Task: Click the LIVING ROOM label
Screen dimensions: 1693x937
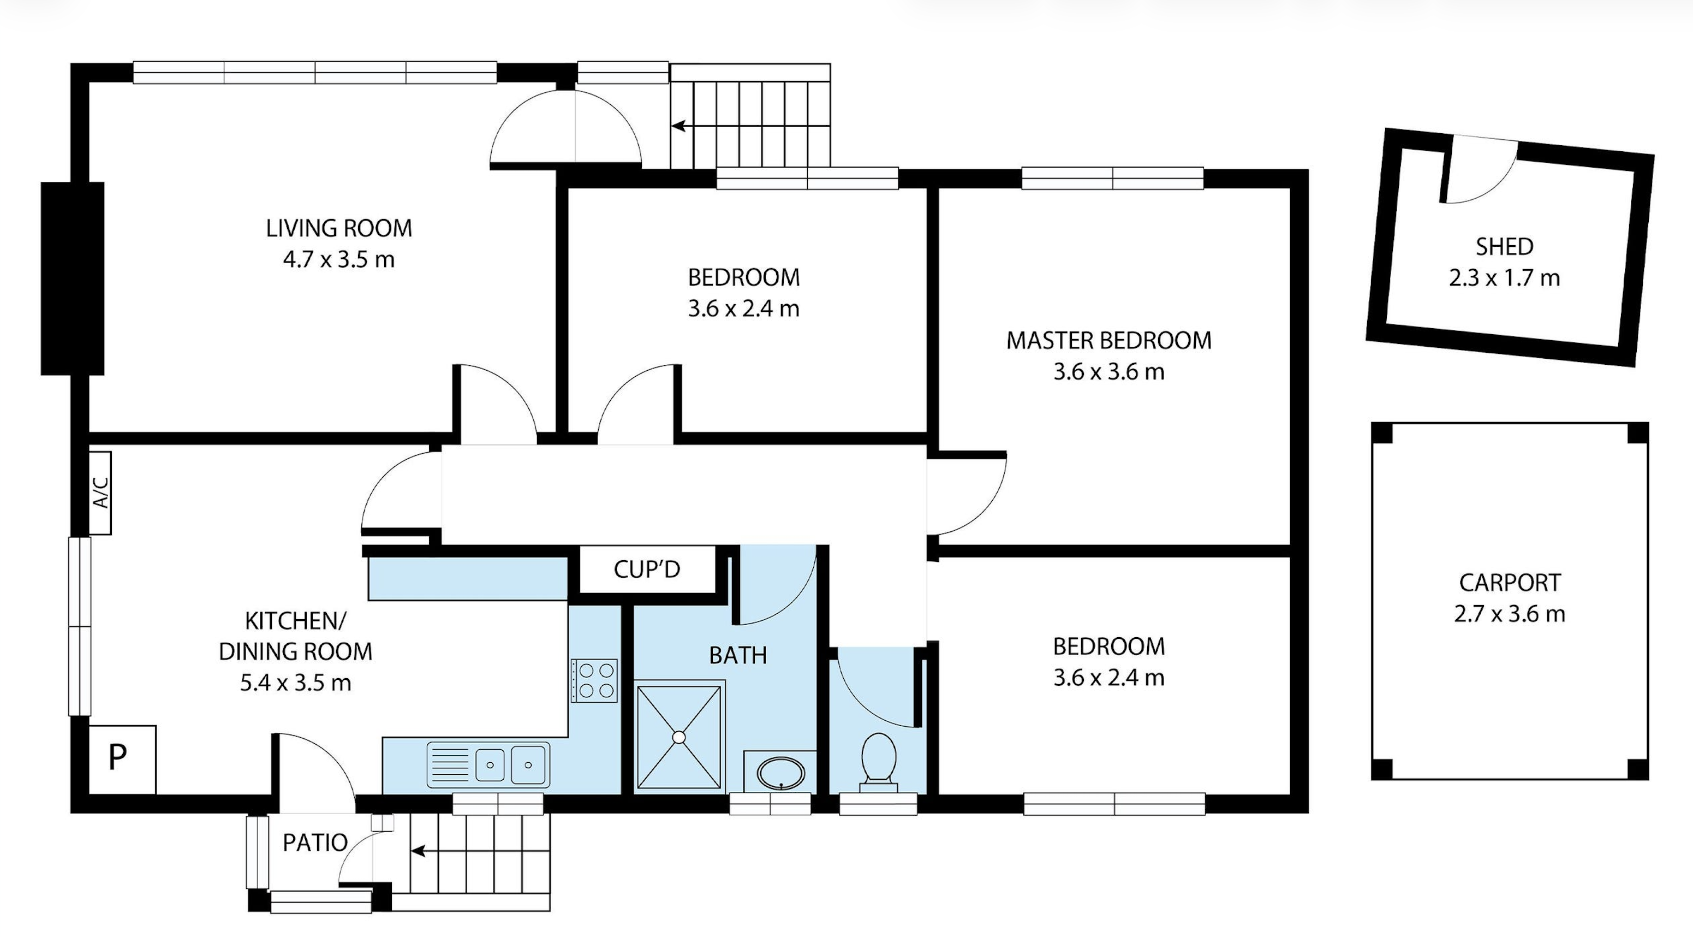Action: click(x=339, y=228)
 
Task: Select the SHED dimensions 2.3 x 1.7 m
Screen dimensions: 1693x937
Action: click(x=1504, y=278)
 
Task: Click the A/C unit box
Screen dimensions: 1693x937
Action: click(x=100, y=493)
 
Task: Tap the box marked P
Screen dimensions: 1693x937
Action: click(x=122, y=760)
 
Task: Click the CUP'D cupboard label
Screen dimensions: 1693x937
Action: click(x=647, y=570)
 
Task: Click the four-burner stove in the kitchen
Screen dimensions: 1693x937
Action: click(x=594, y=680)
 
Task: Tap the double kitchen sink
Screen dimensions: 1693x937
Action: click(x=488, y=764)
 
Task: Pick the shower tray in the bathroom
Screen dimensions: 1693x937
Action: click(x=679, y=737)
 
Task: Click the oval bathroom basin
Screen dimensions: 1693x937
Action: click(x=781, y=773)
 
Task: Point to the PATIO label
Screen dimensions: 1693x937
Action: click(x=315, y=843)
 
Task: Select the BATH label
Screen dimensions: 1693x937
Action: click(x=737, y=656)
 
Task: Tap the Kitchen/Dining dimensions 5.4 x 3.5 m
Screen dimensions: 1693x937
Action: click(x=295, y=683)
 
